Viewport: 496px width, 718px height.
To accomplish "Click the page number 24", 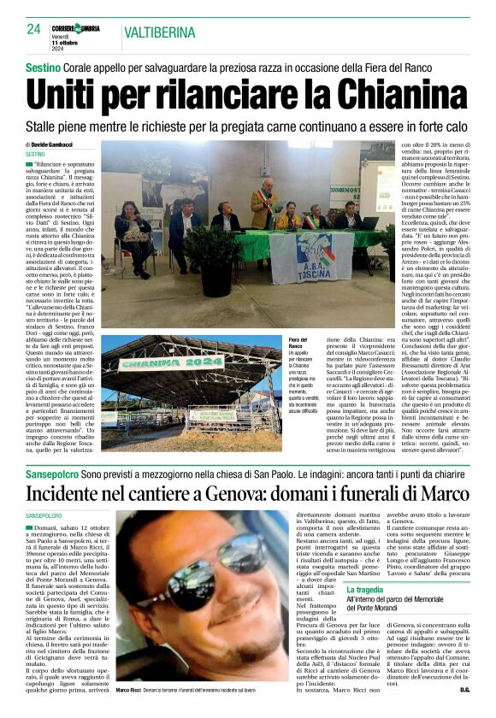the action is pos(34,29).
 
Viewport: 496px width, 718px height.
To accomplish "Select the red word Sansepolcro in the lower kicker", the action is pos(56,472).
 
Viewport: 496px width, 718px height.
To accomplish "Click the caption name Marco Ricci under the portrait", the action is pos(131,689).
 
